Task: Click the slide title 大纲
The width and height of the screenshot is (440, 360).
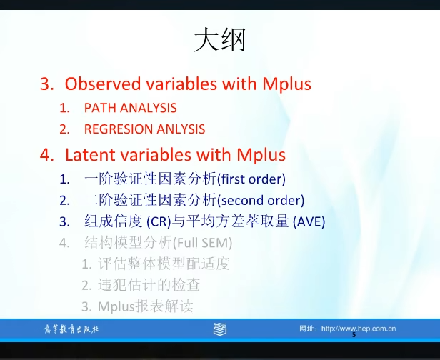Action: click(219, 41)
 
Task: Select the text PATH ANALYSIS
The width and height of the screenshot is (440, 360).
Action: click(130, 108)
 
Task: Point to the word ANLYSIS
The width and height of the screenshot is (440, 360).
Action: click(180, 129)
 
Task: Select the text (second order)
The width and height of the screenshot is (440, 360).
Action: click(260, 200)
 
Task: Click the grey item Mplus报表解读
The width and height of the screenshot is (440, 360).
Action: click(146, 307)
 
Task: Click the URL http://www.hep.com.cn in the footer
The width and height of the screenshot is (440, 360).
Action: click(358, 329)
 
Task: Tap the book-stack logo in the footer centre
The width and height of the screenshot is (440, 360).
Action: click(221, 329)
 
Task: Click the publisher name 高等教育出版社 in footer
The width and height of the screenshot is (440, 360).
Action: click(69, 329)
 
